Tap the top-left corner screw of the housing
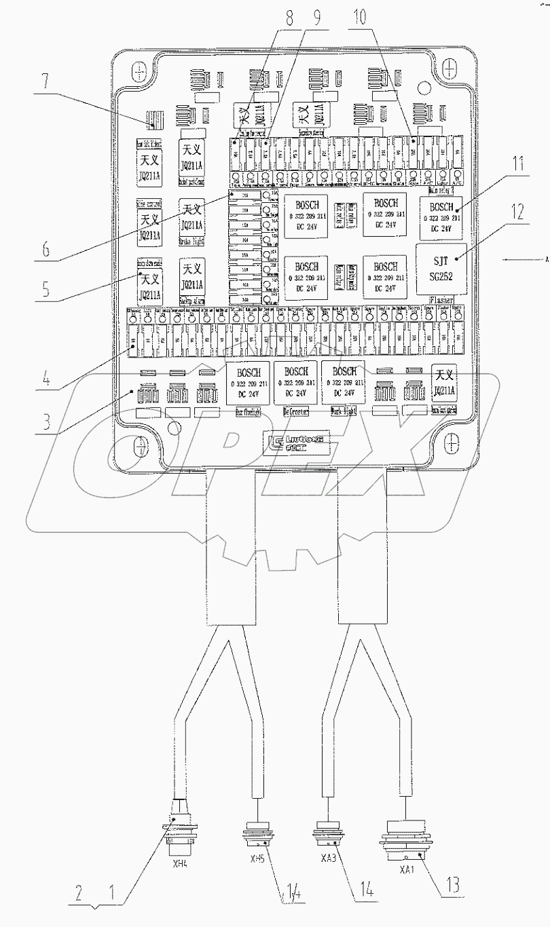(139, 71)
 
